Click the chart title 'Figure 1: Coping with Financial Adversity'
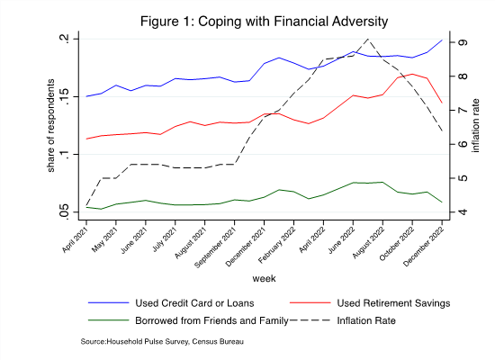(x=264, y=22)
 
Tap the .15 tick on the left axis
(x=64, y=96)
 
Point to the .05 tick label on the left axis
(x=64, y=211)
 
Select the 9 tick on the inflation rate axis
(x=463, y=42)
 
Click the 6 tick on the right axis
(x=463, y=144)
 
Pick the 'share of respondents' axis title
(x=50, y=126)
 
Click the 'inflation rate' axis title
(x=475, y=126)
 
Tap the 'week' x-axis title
(x=264, y=278)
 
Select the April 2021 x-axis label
(x=74, y=240)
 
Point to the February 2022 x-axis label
(x=277, y=246)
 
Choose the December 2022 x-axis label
(x=424, y=247)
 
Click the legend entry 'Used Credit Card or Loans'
(x=194, y=303)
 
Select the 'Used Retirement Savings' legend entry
(x=393, y=303)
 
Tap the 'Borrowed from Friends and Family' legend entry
(x=211, y=320)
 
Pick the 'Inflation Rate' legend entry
(x=366, y=320)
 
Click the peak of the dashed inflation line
(x=367, y=39)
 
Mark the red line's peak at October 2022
(x=412, y=74)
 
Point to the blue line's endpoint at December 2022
(x=442, y=40)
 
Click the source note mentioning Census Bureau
(x=162, y=341)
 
